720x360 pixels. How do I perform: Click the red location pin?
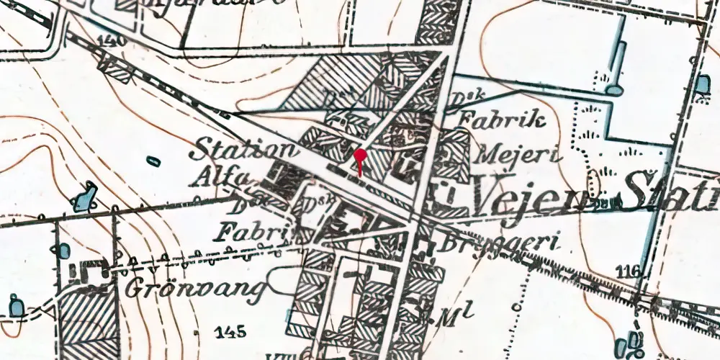[x=360, y=156]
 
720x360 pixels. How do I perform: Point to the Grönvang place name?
[x=191, y=287]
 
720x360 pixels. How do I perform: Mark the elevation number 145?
[x=230, y=332]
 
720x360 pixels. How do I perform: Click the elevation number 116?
[x=629, y=271]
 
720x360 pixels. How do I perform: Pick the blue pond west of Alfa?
[x=85, y=197]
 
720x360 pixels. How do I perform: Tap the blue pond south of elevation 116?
[x=634, y=341]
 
